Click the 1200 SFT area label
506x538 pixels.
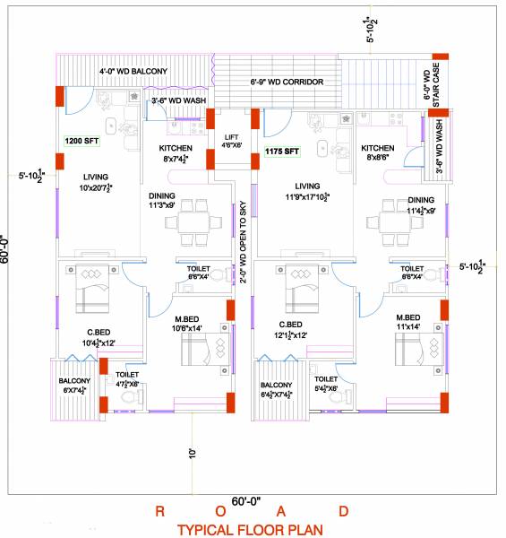(x=81, y=141)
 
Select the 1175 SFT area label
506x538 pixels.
(x=281, y=152)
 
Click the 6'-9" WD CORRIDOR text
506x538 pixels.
(x=287, y=82)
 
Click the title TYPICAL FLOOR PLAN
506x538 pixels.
(x=250, y=530)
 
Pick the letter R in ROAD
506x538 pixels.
(x=159, y=512)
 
